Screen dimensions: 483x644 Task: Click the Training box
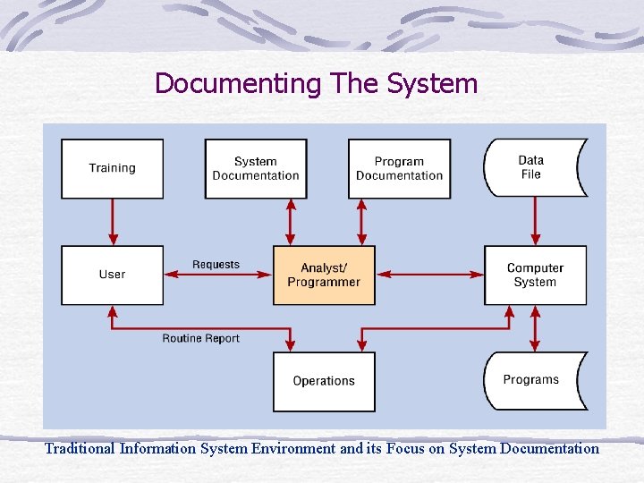coord(112,168)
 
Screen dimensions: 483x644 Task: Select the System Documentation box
coord(256,168)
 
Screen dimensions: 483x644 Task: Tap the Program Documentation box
coord(399,168)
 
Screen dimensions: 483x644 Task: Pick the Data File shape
coord(533,168)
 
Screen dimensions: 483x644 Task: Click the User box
coord(112,275)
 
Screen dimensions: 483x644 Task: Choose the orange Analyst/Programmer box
coord(324,275)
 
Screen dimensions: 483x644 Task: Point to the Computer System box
coord(535,275)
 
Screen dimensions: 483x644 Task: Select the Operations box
coord(324,381)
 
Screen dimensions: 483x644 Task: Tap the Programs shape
coord(533,380)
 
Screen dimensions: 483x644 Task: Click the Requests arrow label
coord(216,265)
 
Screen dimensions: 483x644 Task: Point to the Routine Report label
coord(201,338)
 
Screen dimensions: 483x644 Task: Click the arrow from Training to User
coord(113,222)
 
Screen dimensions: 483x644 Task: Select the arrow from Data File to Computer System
coord(535,222)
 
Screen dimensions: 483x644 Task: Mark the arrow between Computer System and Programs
coord(535,328)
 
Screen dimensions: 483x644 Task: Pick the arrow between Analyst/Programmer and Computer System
coord(429,275)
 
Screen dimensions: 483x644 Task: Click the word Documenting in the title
coord(238,84)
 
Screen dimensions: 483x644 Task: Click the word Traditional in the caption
coord(80,448)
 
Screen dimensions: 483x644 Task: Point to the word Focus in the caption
coord(406,448)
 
